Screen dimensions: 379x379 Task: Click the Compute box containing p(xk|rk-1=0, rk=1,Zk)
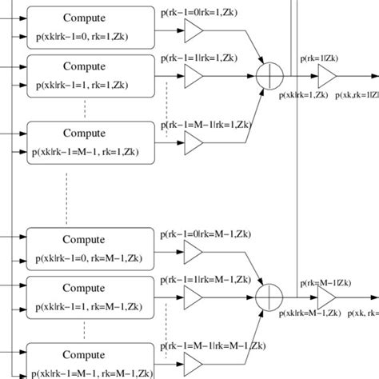[89, 26]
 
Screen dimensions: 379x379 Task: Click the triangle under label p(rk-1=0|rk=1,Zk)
[193, 30]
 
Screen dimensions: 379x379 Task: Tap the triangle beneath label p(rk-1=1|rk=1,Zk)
[193, 76]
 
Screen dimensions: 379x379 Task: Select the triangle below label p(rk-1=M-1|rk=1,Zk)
[193, 143]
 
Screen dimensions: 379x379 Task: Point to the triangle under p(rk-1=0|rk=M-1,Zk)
[193, 251]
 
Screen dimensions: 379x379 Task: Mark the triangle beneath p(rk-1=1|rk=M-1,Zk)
[193, 297]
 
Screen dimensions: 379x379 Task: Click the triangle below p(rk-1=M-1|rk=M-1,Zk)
[193, 365]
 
